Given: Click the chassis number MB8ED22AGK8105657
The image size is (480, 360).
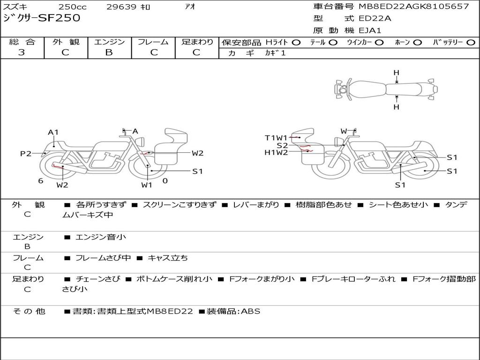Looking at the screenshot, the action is click(x=413, y=6).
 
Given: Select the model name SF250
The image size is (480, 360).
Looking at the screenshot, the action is click(x=59, y=18).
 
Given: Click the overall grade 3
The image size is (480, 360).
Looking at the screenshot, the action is click(x=22, y=52).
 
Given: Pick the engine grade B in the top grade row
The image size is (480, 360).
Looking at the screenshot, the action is click(x=109, y=52).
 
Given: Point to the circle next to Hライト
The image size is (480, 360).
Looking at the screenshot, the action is click(x=296, y=43).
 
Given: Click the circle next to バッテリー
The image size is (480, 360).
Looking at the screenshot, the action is click(x=471, y=43).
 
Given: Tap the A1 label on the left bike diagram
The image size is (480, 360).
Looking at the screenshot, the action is click(x=53, y=132).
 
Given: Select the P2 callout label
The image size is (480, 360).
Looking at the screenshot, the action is click(x=26, y=153).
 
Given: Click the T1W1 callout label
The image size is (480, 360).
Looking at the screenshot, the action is click(x=276, y=138).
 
